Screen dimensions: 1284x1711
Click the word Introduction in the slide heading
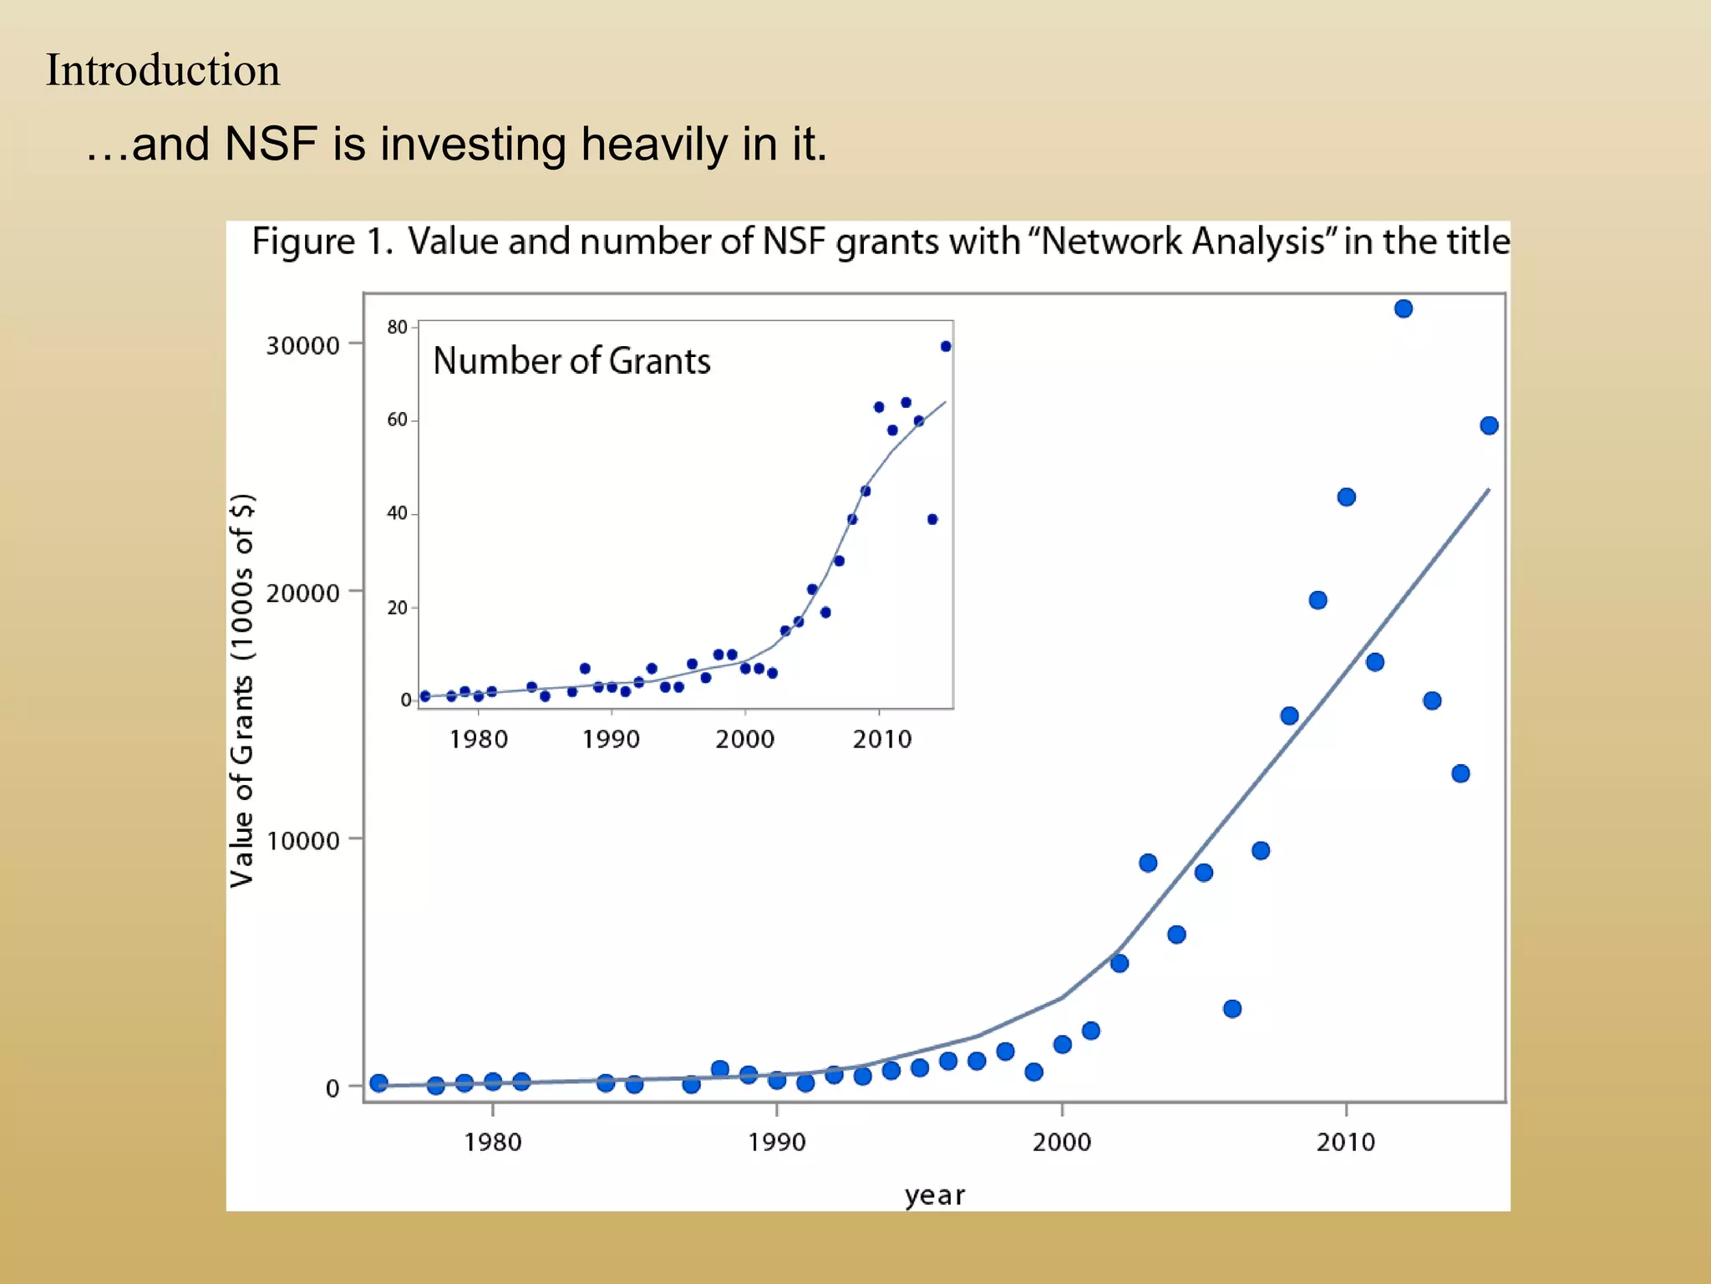(163, 70)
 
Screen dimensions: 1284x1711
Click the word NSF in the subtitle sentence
(271, 144)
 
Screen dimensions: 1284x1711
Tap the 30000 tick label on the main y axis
(302, 345)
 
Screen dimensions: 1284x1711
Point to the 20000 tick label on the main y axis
(302, 593)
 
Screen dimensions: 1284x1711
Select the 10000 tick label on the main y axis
(302, 840)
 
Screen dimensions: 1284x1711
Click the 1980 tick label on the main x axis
(493, 1142)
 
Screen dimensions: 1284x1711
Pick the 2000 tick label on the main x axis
(1062, 1142)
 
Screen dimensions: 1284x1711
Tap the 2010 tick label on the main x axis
(1346, 1142)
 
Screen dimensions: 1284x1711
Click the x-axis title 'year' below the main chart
(934, 1195)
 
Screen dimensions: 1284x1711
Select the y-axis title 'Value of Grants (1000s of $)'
(242, 690)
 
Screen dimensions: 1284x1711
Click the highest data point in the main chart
(1404, 308)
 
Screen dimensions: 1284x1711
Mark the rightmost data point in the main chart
(1489, 425)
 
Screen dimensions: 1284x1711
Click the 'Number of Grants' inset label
(571, 361)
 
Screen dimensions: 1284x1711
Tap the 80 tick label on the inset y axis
(397, 327)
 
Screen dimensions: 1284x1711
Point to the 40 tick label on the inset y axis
(397, 513)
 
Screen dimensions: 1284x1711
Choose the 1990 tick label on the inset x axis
(612, 739)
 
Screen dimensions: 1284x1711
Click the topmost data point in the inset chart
(946, 346)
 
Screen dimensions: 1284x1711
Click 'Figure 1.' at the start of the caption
(322, 242)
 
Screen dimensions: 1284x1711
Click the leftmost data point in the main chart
(378, 1083)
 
